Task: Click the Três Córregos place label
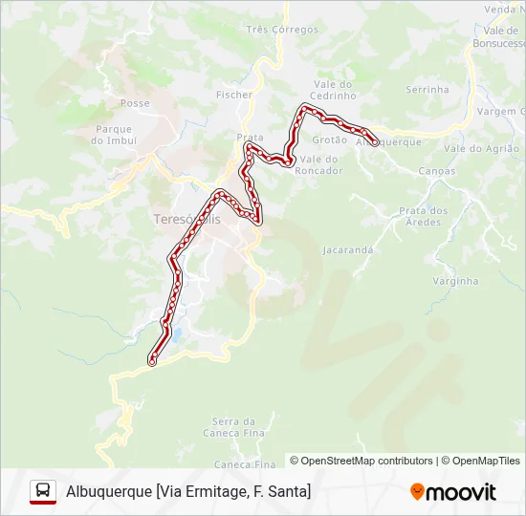click(282, 30)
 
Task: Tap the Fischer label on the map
click(234, 95)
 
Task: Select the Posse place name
click(135, 103)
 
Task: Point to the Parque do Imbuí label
click(114, 135)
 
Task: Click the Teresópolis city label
click(186, 220)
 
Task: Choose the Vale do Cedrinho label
click(332, 90)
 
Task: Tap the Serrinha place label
click(427, 90)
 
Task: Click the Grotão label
click(330, 140)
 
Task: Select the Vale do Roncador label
click(320, 164)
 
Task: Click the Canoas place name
click(437, 172)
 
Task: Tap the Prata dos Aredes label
click(424, 217)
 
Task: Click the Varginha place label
click(455, 281)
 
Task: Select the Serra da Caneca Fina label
click(234, 427)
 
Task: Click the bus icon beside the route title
click(43, 491)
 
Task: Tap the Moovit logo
click(453, 492)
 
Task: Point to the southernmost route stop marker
click(152, 361)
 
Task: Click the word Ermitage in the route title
click(212, 492)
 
